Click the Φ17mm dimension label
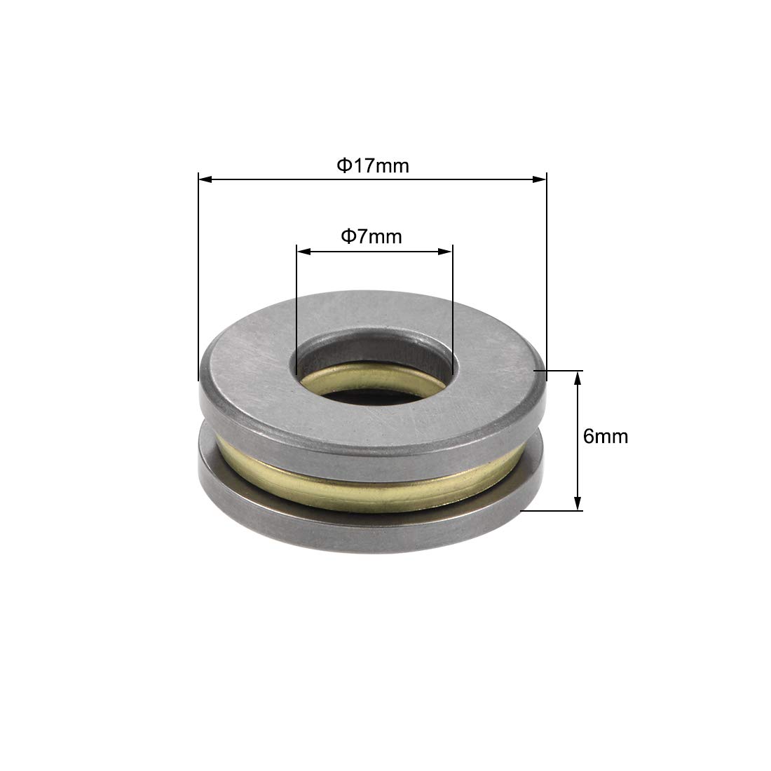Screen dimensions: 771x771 [x=373, y=165]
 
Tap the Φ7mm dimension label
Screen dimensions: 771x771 [x=371, y=236]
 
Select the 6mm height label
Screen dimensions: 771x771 [x=606, y=437]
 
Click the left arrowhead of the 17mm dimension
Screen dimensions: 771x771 [x=205, y=179]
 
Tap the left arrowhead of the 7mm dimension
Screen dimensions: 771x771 [x=304, y=252]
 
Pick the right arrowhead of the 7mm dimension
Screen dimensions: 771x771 [x=445, y=252]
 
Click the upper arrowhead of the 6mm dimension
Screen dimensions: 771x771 [x=578, y=378]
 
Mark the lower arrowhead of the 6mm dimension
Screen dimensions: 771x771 [x=578, y=503]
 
